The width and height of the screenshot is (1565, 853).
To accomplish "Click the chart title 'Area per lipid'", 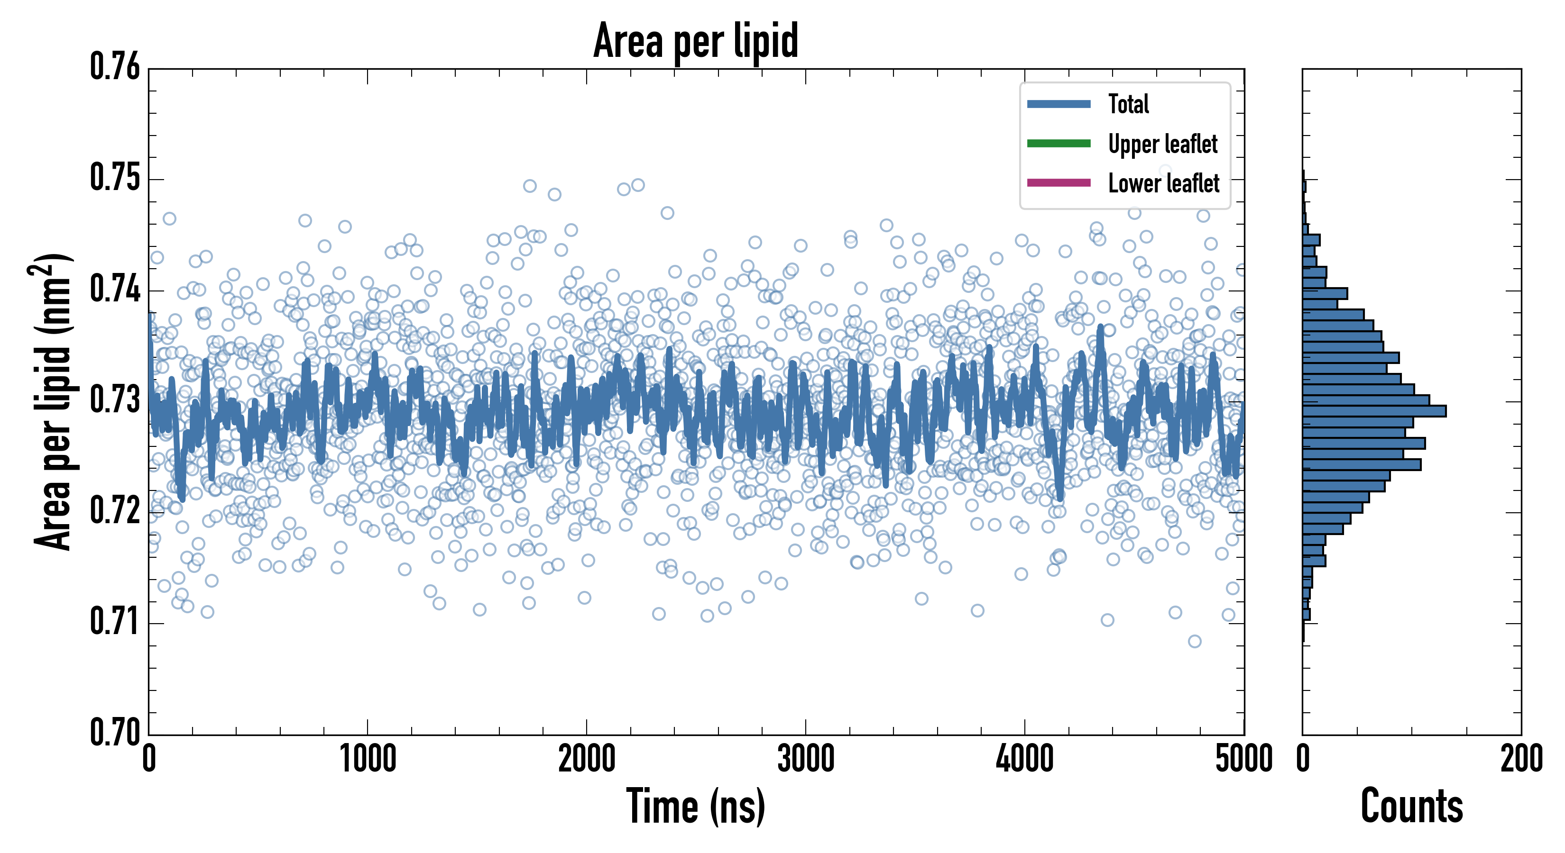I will tap(696, 40).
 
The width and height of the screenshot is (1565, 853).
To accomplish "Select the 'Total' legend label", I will tap(1128, 104).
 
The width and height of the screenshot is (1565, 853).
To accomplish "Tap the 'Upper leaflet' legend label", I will tap(1162, 144).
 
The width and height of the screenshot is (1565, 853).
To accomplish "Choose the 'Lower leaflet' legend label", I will tap(1163, 183).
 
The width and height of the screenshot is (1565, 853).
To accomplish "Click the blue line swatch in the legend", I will tap(1059, 104).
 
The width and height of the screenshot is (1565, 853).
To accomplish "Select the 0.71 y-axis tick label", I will tap(115, 622).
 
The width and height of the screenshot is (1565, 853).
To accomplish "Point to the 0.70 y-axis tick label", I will tap(115, 732).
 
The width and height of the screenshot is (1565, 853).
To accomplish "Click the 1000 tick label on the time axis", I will tap(368, 759).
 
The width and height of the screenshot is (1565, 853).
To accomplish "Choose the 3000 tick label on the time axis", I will tap(806, 759).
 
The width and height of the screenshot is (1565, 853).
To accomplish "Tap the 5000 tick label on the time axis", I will tap(1243, 759).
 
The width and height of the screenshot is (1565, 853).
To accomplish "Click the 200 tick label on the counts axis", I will tap(1520, 759).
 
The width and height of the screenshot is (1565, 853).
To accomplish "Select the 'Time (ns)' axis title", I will tap(696, 806).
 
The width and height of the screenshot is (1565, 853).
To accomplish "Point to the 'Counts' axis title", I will tap(1411, 806).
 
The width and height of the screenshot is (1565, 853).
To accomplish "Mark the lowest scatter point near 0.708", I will tap(1195, 641).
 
